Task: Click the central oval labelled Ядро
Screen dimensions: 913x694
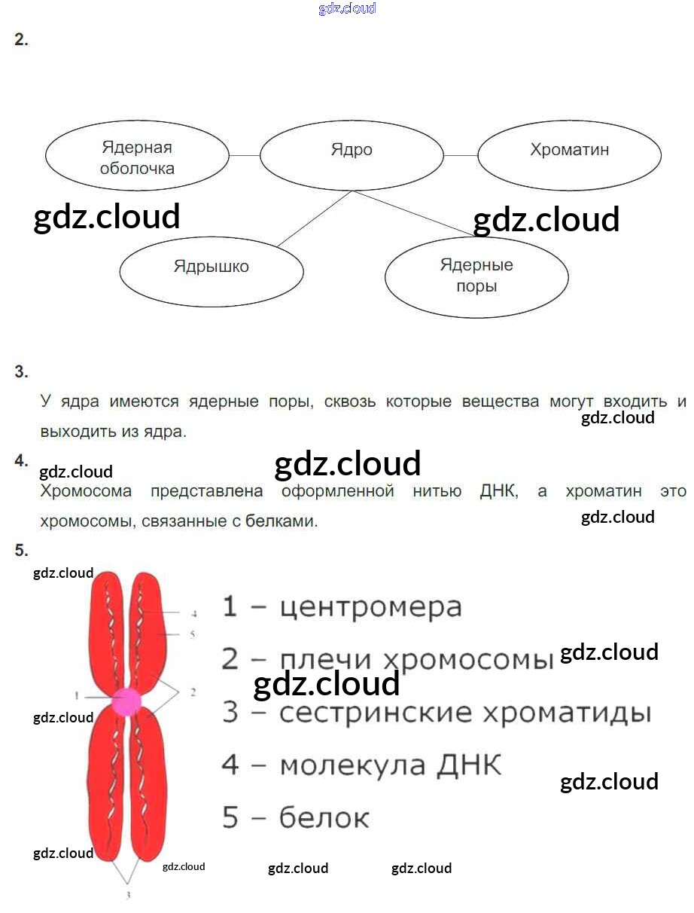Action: pos(352,154)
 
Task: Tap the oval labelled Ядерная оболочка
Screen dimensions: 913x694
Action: pos(137,157)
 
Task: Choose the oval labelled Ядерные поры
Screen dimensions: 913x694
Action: pos(476,276)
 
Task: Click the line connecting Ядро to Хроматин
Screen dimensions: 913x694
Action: pos(461,155)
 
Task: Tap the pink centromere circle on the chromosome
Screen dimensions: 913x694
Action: pos(126,701)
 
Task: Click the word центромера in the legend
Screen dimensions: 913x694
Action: pos(370,607)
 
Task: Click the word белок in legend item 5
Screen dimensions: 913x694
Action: pos(324,818)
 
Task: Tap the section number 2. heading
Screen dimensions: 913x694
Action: pos(21,41)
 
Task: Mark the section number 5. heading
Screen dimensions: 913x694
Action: pos(21,551)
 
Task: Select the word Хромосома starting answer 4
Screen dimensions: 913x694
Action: pos(86,492)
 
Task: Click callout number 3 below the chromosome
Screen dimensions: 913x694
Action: pos(128,895)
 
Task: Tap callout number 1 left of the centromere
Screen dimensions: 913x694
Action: pos(77,694)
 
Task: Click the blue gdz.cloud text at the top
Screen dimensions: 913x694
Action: pos(347,9)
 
